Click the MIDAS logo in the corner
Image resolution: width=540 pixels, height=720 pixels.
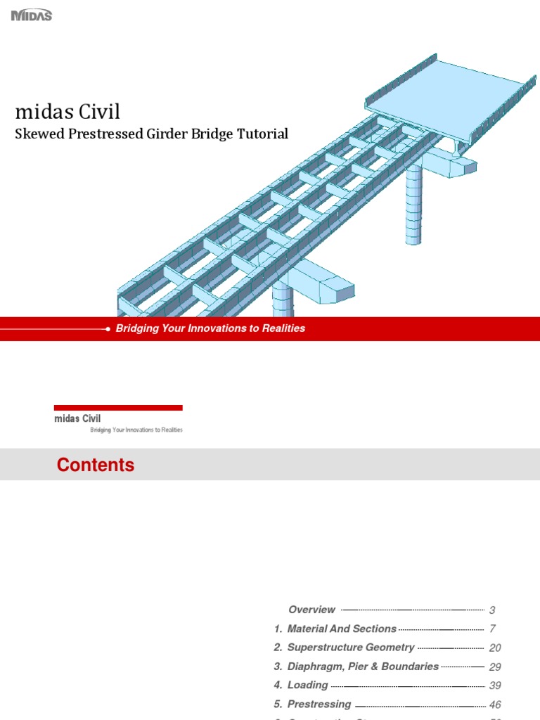[x=32, y=15]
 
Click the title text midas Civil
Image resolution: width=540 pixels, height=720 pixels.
[x=67, y=112]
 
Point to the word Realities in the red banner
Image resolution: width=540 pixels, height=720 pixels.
[x=281, y=328]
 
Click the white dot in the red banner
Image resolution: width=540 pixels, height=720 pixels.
[x=108, y=329]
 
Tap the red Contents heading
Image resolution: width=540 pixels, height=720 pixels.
[x=96, y=465]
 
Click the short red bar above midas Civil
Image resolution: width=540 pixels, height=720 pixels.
[x=118, y=408]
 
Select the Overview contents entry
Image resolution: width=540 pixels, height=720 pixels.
[x=311, y=610]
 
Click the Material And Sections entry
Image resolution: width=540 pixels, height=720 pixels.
[x=342, y=629]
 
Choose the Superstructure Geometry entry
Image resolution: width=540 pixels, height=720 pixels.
[x=351, y=648]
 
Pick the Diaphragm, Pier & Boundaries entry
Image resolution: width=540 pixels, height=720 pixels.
[x=363, y=667]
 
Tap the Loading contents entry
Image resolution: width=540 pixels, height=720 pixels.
[x=307, y=686]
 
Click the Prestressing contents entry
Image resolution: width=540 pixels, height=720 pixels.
[x=319, y=705]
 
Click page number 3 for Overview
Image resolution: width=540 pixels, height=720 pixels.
[x=493, y=610]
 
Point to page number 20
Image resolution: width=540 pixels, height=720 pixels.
[x=495, y=648]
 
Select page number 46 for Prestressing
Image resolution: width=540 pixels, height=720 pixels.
[x=495, y=705]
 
